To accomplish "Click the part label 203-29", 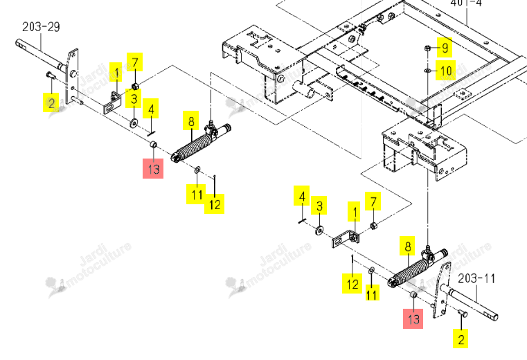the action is (41, 27).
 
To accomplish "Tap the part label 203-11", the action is (476, 278).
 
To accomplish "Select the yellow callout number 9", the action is (445, 47).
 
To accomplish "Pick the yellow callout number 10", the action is (446, 71).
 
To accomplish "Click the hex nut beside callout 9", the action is (428, 48).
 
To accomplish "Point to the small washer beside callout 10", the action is (428, 71).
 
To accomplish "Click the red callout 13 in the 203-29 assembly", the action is (153, 168).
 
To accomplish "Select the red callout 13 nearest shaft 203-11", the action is (413, 318).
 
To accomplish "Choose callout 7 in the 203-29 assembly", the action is (135, 62).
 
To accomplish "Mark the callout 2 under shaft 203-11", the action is (461, 339).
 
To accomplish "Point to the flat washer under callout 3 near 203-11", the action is (319, 231).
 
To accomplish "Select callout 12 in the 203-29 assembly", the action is (215, 204).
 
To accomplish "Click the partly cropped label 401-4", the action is (466, 3).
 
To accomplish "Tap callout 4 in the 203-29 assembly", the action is (150, 109).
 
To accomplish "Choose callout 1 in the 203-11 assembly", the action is (354, 211).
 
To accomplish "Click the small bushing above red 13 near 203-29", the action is (153, 145).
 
